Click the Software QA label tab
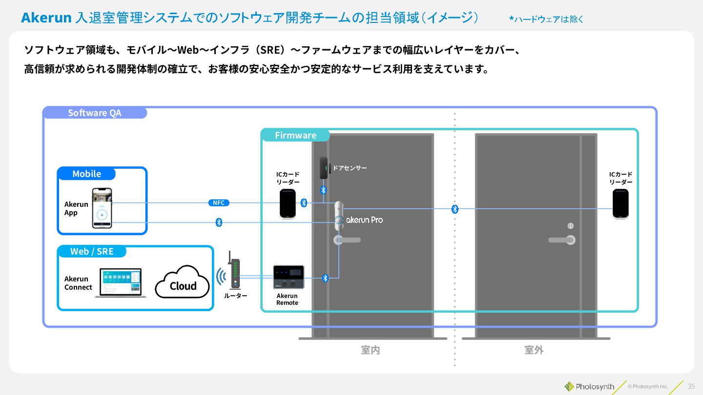pyautogui.click(x=95, y=113)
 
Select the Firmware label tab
pyautogui.click(x=295, y=135)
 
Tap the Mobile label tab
pyautogui.click(x=86, y=174)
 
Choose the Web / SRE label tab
pyautogui.click(x=92, y=252)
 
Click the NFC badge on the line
pyautogui.click(x=218, y=203)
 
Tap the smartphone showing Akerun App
pyautogui.click(x=102, y=208)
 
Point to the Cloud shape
pyautogui.click(x=183, y=283)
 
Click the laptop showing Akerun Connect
pyautogui.click(x=121, y=283)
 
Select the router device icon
pyautogui.click(x=235, y=273)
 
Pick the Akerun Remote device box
pyautogui.click(x=288, y=277)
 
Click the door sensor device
pyautogui.click(x=324, y=168)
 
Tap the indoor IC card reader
pyautogui.click(x=288, y=204)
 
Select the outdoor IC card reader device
pyautogui.click(x=620, y=204)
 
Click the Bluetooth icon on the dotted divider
pyautogui.click(x=455, y=209)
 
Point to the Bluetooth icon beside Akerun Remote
pyautogui.click(x=326, y=278)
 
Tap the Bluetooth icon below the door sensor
pyautogui.click(x=323, y=190)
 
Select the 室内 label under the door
pyautogui.click(x=371, y=350)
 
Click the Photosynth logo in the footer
pyautogui.click(x=590, y=387)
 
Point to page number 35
pyautogui.click(x=691, y=386)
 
